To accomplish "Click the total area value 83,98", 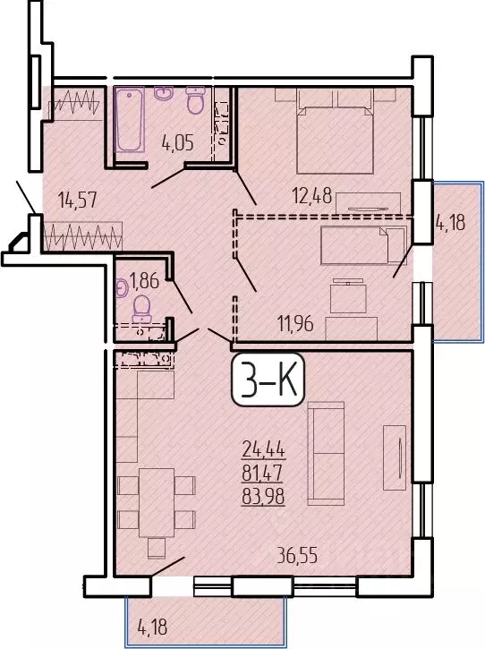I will click(x=263, y=499).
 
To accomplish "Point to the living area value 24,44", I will click(x=263, y=450).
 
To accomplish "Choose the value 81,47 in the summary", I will click(x=263, y=474).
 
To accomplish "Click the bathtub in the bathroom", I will click(x=131, y=121).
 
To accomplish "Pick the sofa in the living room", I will click(x=325, y=452).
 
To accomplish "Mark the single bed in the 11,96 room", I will click(x=353, y=243).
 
